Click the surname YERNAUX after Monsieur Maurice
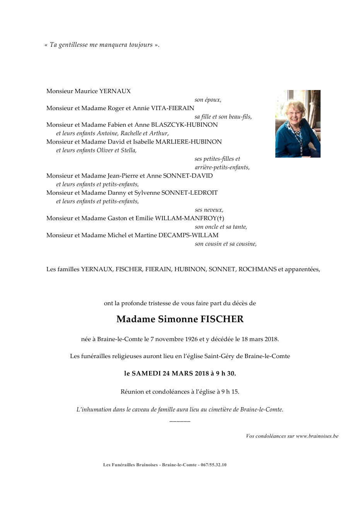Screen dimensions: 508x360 (115, 91)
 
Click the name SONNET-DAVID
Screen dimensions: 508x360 (188, 176)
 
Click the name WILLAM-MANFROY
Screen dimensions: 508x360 (188, 218)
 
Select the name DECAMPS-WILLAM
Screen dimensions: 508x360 (188, 235)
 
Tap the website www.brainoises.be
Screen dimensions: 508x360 (317, 436)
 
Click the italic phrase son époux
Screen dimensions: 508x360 (208, 100)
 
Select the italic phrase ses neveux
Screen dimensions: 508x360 (209, 210)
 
